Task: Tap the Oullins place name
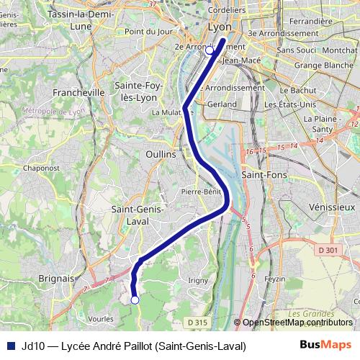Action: point(160,154)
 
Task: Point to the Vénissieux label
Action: point(332,206)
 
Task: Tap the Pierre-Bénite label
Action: point(201,192)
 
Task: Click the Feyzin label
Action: point(274,279)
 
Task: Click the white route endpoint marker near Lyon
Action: point(210,50)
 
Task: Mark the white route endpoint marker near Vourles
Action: point(135,300)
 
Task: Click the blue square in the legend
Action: point(11,346)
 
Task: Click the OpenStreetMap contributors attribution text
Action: point(295,323)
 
